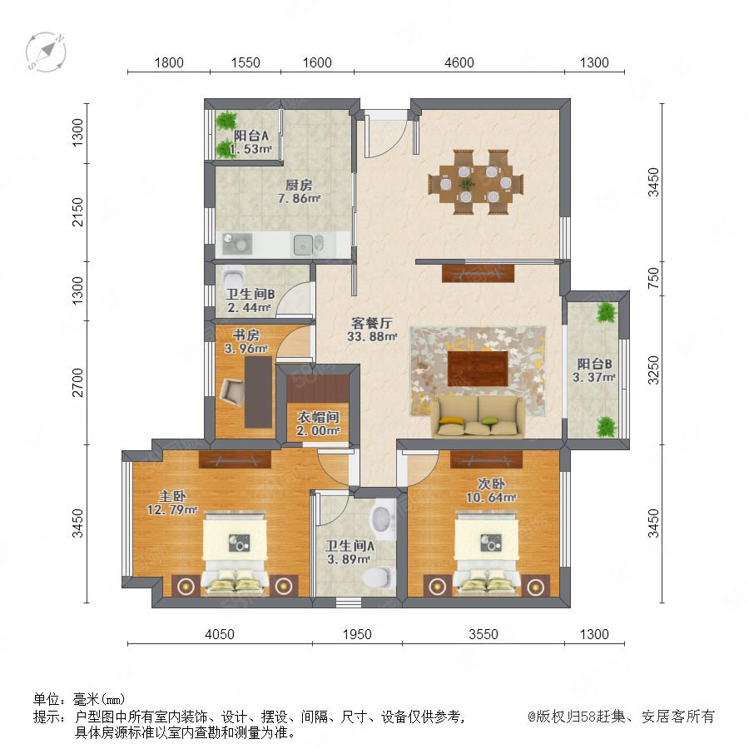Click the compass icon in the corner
[x=46, y=52]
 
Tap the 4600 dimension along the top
[x=459, y=62]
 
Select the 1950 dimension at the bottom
[x=357, y=634]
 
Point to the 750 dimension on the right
[x=653, y=277]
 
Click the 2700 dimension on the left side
[x=77, y=383]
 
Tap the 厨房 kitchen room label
[x=299, y=185]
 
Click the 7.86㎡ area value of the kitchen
[x=299, y=198]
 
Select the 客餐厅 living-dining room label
[x=372, y=323]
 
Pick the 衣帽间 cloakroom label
[x=318, y=417]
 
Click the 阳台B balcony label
[x=594, y=364]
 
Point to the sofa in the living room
[x=478, y=416]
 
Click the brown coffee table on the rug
[x=478, y=369]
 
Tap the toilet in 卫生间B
[x=234, y=275]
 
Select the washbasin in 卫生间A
[x=383, y=518]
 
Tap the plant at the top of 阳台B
[x=606, y=312]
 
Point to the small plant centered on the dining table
[x=467, y=184]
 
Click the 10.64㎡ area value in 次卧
[x=491, y=498]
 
